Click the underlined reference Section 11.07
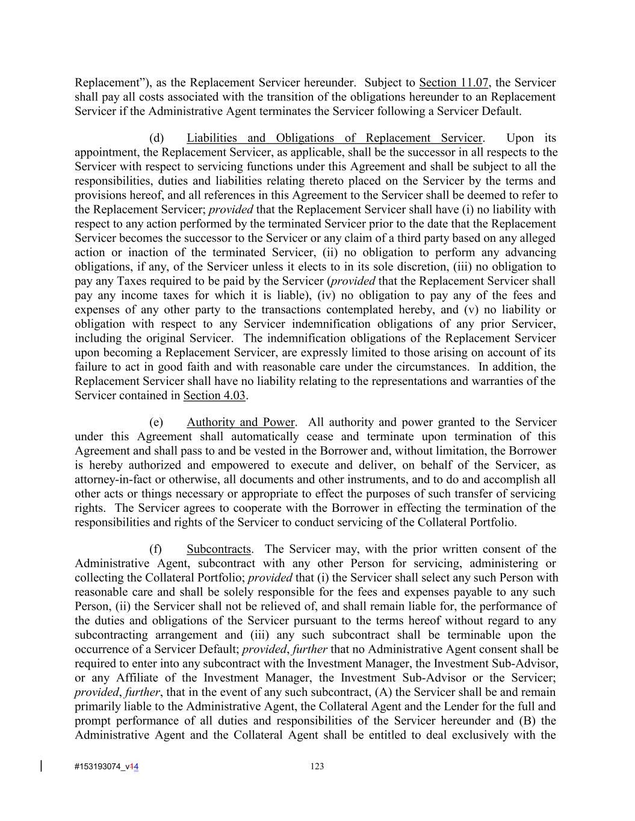coord(454,83)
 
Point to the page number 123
coord(317,766)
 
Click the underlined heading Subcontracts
coord(218,549)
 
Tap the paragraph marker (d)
coord(156,138)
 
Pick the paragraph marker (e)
coord(156,422)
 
